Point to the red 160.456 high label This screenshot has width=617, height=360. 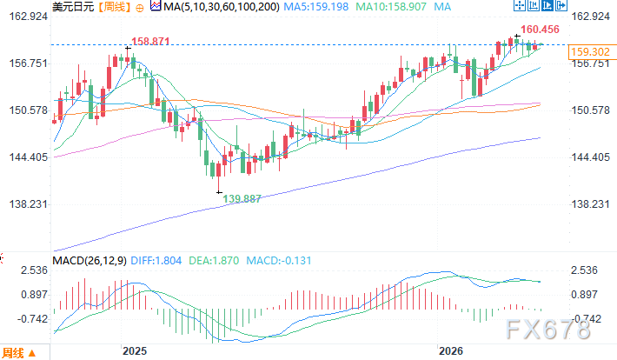point(540,30)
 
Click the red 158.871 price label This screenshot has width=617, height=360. point(149,41)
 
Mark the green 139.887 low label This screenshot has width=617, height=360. point(243,199)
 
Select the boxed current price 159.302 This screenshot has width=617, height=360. point(585,53)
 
